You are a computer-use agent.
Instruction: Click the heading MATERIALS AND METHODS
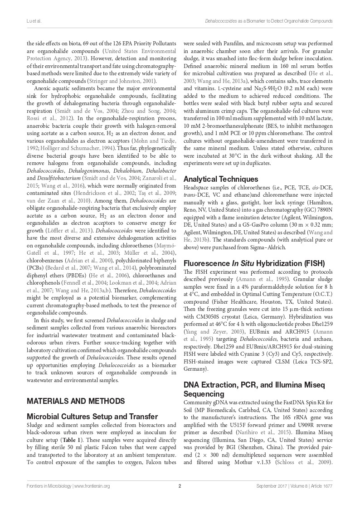click(76, 401)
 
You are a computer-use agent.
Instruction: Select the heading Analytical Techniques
click(221, 179)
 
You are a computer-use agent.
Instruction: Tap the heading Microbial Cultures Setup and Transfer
click(92, 416)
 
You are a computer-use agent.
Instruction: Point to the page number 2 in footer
click(180, 486)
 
